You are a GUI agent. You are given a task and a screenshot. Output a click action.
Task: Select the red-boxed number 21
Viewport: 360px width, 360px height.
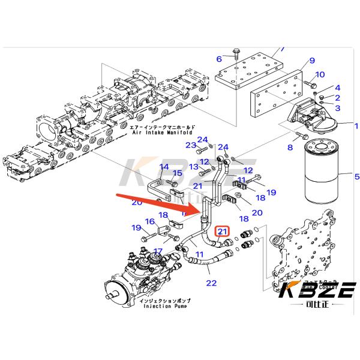pyautogui.click(x=223, y=232)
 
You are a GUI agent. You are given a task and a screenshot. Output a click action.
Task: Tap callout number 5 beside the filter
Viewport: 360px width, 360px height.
pyautogui.click(x=356, y=176)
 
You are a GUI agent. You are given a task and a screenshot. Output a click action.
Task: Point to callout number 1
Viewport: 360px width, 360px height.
pyautogui.click(x=356, y=126)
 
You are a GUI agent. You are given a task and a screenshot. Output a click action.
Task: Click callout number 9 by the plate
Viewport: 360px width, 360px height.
pyautogui.click(x=311, y=61)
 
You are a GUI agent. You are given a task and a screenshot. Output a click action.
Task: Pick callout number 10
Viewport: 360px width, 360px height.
pyautogui.click(x=320, y=74)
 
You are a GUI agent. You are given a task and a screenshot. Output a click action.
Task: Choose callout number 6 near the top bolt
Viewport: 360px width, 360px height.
pyautogui.click(x=219, y=58)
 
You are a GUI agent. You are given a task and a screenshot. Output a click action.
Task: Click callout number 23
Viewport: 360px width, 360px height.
pyautogui.click(x=191, y=145)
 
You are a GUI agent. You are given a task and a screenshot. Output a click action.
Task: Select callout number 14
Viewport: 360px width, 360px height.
pyautogui.click(x=164, y=166)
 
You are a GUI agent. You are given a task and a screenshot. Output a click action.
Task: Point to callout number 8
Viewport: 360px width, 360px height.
pyautogui.click(x=290, y=146)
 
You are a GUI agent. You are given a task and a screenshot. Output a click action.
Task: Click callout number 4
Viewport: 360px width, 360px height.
pyautogui.click(x=338, y=88)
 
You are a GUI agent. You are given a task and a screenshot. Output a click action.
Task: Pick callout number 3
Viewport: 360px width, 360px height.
pyautogui.click(x=338, y=107)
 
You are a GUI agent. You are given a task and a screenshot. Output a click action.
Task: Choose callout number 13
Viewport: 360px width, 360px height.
pyautogui.click(x=194, y=166)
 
